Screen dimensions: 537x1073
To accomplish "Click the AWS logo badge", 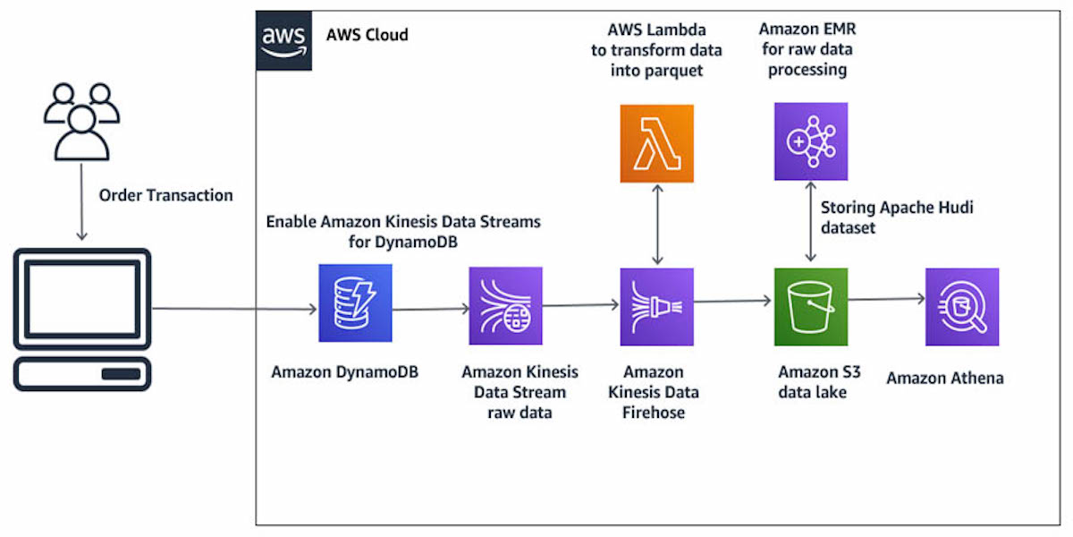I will click(283, 39).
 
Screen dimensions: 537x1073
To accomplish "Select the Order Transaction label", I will click(165, 195).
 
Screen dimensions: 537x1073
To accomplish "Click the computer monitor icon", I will click(82, 318).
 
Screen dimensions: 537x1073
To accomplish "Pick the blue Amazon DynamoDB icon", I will click(355, 305).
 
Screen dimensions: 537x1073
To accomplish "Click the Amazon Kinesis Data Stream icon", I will click(505, 305).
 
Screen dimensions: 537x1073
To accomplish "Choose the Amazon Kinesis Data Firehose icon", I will click(657, 305).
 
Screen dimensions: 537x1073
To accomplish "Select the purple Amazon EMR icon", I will click(810, 141).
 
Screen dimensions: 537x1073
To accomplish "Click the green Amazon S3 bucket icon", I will click(810, 305).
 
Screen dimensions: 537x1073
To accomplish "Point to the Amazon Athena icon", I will click(962, 305).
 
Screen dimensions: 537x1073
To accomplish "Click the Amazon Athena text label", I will click(944, 378).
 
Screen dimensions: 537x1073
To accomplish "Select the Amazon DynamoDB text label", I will click(344, 371).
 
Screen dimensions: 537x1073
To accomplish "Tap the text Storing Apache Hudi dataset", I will click(897, 217).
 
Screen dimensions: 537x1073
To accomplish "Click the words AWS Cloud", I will click(367, 36).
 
